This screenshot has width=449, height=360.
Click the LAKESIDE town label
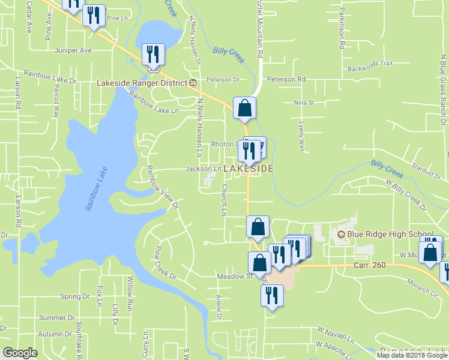pyautogui.click(x=249, y=169)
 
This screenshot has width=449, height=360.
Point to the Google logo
pyautogui.click(x=20, y=353)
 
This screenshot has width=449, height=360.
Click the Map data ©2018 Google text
pyautogui.click(x=412, y=355)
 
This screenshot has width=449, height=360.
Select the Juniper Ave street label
pyautogui.click(x=73, y=50)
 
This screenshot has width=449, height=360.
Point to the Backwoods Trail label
pyautogui.click(x=373, y=63)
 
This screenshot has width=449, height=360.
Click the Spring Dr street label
pyautogui.click(x=75, y=296)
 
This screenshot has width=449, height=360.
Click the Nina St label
pyautogui.click(x=304, y=103)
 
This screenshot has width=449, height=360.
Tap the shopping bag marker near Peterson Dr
pyautogui.click(x=244, y=109)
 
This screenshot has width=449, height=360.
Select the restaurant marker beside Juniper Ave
pyautogui.click(x=152, y=55)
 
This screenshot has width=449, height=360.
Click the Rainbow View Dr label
pyautogui.click(x=163, y=187)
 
